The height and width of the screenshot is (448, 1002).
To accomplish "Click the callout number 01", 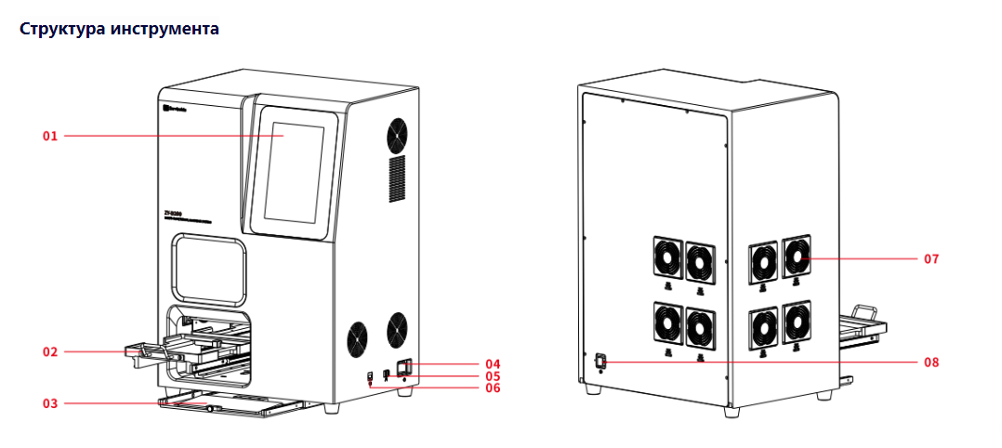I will (x=50, y=137).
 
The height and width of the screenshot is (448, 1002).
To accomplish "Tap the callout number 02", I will (x=50, y=352).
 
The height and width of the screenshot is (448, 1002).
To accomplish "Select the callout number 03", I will (x=50, y=403).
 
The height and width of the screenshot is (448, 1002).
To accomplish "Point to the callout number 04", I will (x=493, y=362).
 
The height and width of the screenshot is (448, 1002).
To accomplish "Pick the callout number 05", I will (x=493, y=376).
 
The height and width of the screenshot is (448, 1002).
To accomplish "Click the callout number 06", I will (x=493, y=388).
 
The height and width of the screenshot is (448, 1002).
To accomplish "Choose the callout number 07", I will (x=930, y=258).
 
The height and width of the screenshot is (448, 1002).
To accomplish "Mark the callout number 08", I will (x=930, y=362).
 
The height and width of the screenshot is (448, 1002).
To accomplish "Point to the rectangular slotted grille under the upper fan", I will (x=397, y=179).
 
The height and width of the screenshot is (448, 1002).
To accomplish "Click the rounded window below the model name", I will (x=209, y=269).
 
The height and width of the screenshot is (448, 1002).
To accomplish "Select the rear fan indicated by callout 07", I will (x=796, y=257).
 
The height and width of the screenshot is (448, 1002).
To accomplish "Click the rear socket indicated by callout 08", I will (x=600, y=361).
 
